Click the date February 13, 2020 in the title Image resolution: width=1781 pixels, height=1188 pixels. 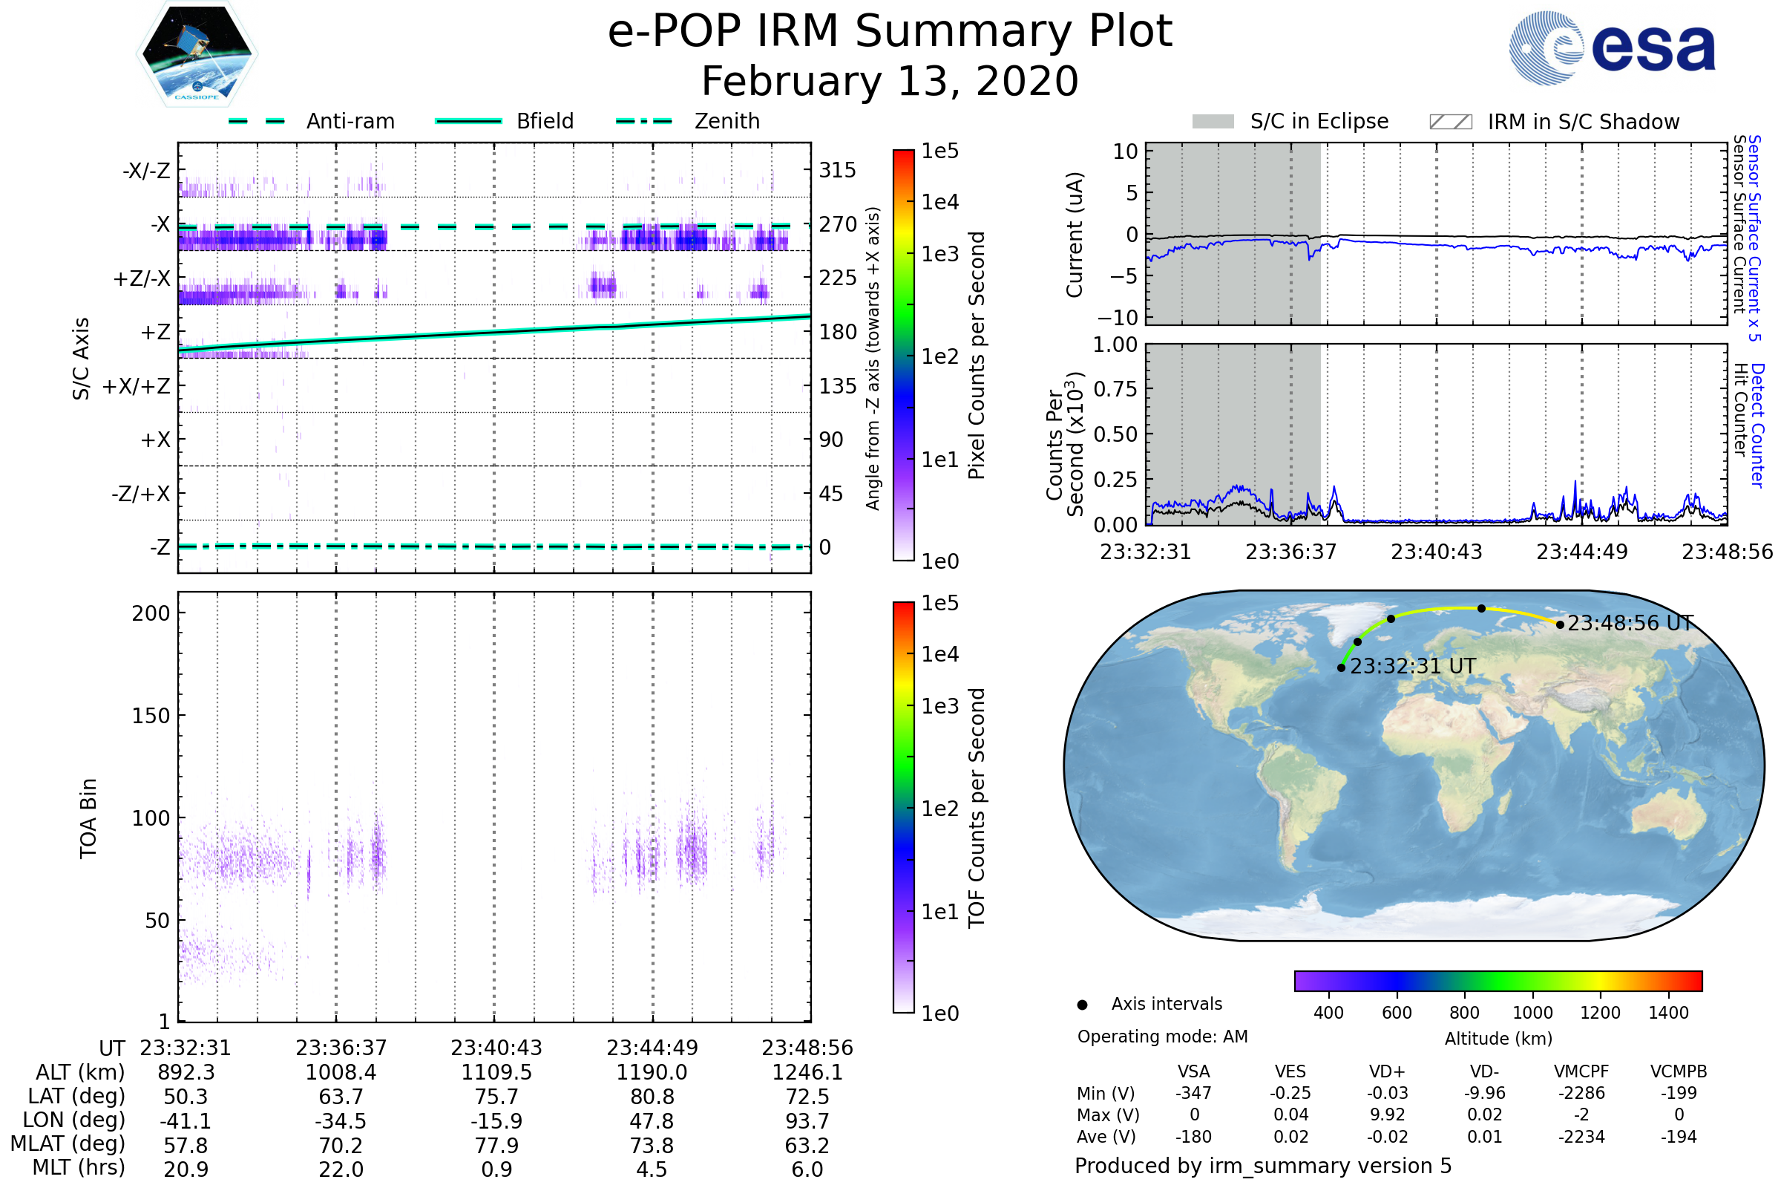click(x=890, y=82)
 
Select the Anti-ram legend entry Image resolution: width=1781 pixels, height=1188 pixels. click(x=350, y=121)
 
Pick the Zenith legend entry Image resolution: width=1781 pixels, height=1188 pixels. click(x=727, y=121)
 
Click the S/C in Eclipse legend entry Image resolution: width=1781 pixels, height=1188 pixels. click(x=1319, y=121)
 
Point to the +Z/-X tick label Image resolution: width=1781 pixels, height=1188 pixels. click(x=142, y=279)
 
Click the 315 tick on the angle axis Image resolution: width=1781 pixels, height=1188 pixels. click(x=837, y=170)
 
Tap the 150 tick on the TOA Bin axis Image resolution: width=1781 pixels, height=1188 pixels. click(x=151, y=716)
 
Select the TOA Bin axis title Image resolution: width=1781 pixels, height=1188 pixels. click(x=88, y=818)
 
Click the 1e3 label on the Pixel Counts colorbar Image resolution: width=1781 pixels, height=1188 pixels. click(x=939, y=254)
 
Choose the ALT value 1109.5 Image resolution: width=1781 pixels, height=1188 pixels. click(x=496, y=1073)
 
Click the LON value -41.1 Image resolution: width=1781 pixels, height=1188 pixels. click(x=186, y=1121)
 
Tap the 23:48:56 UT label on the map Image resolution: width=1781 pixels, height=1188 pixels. click(x=1630, y=624)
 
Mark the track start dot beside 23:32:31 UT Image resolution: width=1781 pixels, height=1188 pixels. click(x=1341, y=668)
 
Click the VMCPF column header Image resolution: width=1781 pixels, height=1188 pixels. click(x=1581, y=1072)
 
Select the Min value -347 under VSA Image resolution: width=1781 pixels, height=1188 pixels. click(x=1193, y=1093)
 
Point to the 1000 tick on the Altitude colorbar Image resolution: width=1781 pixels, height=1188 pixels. click(x=1532, y=1013)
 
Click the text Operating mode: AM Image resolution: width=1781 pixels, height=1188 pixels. click(x=1162, y=1037)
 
